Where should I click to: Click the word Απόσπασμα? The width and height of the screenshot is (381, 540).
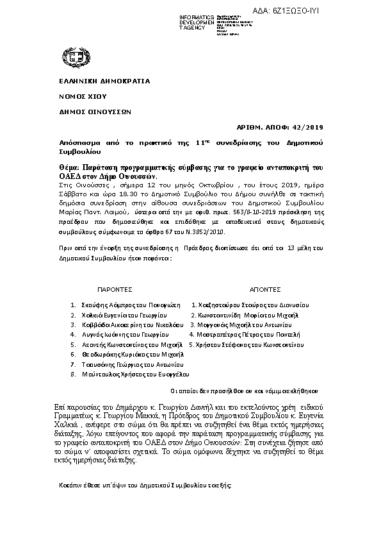(69, 140)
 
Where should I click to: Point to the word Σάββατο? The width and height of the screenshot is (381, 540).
(63, 191)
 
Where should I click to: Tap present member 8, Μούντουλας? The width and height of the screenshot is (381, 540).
(98, 373)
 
